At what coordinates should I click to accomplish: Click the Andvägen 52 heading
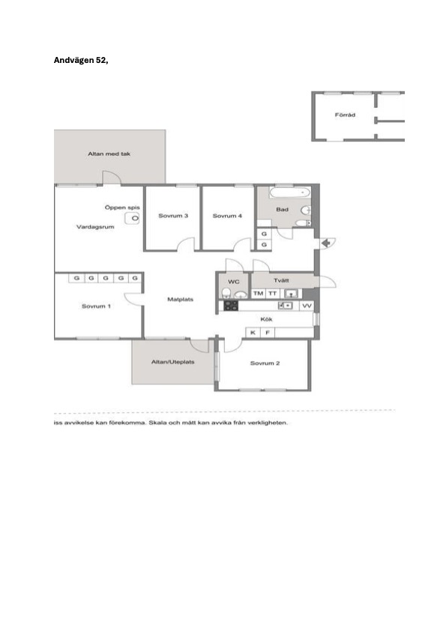(81, 61)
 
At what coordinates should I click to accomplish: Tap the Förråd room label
(345, 115)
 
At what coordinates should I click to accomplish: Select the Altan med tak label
(109, 154)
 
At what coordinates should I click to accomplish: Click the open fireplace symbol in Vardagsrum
(132, 219)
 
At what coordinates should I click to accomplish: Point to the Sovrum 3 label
(173, 216)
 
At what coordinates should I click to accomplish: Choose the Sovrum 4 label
(227, 216)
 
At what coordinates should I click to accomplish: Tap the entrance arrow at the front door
(326, 243)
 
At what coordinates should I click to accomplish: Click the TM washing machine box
(258, 294)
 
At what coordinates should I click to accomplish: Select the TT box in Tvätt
(273, 294)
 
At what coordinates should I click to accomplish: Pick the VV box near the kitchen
(307, 306)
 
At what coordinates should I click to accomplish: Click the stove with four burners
(231, 306)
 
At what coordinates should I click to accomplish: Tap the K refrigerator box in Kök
(253, 333)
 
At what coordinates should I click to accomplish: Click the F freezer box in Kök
(268, 333)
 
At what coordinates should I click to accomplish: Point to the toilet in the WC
(226, 292)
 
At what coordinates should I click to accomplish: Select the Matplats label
(181, 300)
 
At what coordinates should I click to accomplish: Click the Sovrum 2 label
(265, 363)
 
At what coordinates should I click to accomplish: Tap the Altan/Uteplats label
(172, 362)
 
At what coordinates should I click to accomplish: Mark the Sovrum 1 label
(96, 307)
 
